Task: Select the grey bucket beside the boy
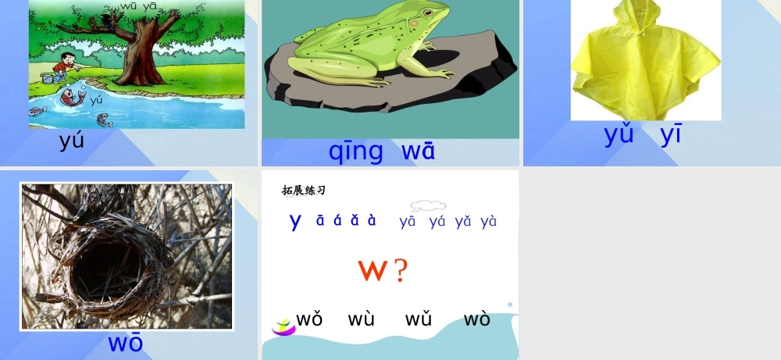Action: coord(48,78)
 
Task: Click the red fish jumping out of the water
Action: coord(72,98)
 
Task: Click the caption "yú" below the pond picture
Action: coord(72,141)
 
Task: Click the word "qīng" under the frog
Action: coord(355,151)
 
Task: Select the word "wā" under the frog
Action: coord(418,151)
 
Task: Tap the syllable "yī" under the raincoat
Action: coord(671,134)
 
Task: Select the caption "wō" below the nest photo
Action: coord(126,343)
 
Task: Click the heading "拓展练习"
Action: coord(303,191)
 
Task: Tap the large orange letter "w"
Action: coord(373,270)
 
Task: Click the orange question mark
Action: coord(401,270)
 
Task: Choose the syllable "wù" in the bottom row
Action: coord(362,319)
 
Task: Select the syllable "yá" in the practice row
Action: coord(437,221)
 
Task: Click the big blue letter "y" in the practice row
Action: coord(295,221)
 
